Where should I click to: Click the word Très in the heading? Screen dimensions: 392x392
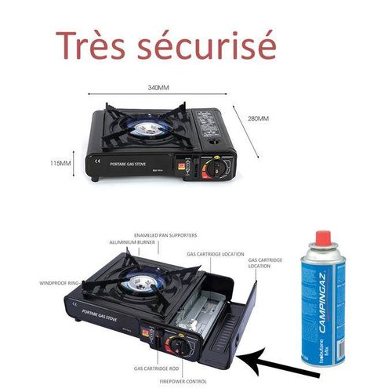coord(93,45)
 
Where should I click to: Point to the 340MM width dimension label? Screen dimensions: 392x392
coord(160,88)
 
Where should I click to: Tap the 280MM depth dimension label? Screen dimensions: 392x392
coord(259,118)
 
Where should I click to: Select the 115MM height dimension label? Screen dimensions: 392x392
coord(60,163)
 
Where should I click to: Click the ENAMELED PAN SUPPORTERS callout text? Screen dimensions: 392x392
coord(165,234)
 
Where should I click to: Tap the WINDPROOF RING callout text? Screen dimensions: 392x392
coord(57,283)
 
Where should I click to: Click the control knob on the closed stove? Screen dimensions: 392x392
coord(210,169)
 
